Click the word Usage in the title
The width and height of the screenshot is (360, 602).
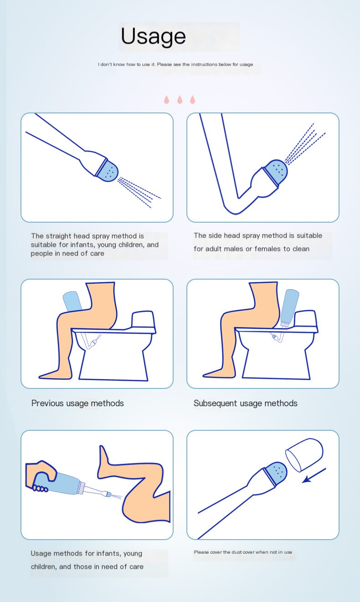[153, 36]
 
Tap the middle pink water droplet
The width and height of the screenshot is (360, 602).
[180, 100]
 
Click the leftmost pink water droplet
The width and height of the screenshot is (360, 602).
[167, 100]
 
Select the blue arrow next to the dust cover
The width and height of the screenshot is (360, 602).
[314, 475]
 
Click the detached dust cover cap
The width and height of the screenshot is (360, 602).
[304, 455]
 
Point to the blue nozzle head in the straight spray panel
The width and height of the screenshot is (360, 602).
[108, 170]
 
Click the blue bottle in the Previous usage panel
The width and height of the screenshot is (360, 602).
[72, 301]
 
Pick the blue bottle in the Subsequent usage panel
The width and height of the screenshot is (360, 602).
[289, 308]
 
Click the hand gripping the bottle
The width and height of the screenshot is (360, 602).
[41, 475]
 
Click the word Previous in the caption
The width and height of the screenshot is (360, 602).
[47, 403]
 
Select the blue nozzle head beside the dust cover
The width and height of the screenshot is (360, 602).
[275, 474]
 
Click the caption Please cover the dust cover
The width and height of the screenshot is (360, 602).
[243, 552]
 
